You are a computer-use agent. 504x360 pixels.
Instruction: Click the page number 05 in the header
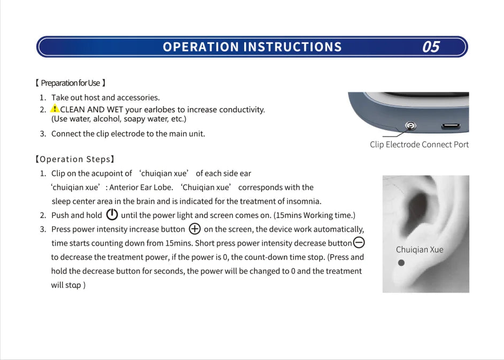point(431,47)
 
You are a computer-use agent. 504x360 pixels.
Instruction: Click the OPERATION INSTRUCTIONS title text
point(252,47)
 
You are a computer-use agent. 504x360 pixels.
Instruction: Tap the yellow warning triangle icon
point(55,108)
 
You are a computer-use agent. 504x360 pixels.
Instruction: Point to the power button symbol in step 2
point(112,215)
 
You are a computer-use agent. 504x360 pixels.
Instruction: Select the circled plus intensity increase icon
point(195,229)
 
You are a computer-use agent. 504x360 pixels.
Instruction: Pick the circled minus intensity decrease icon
point(359,242)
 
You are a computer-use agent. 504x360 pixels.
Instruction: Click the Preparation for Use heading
point(70,83)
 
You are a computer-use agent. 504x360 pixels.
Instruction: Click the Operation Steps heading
point(74,159)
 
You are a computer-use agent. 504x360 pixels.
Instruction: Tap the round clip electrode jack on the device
point(410,126)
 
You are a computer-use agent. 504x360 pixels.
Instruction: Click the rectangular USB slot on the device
point(451,127)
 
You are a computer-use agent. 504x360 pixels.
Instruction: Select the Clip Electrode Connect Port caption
point(419,145)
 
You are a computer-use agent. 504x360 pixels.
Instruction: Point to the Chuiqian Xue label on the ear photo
point(420,249)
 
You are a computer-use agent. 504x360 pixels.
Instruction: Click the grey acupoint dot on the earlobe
point(401,263)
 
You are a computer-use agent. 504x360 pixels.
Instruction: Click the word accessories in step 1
point(138,97)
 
